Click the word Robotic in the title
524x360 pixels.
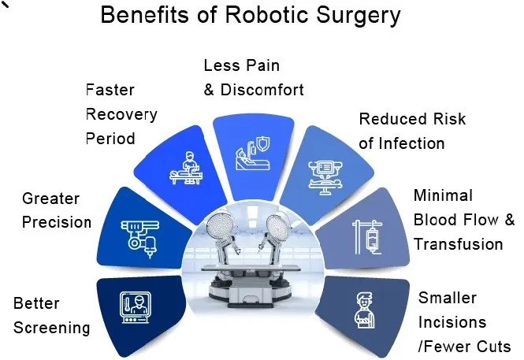(x=266, y=15)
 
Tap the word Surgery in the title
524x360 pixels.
(x=359, y=16)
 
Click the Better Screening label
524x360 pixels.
(x=51, y=316)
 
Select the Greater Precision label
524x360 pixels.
(x=57, y=210)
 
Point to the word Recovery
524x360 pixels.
(x=121, y=115)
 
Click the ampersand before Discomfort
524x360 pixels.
(x=209, y=90)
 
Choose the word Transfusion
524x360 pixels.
(x=458, y=244)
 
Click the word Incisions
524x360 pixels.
(x=452, y=322)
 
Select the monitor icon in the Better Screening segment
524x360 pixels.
(x=136, y=307)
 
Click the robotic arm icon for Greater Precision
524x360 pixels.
(x=140, y=239)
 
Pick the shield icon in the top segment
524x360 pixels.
(x=262, y=144)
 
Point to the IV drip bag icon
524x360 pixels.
(x=372, y=239)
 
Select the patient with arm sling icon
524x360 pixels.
(x=365, y=310)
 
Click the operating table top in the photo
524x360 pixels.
(x=251, y=267)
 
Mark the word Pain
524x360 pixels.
(x=264, y=65)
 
